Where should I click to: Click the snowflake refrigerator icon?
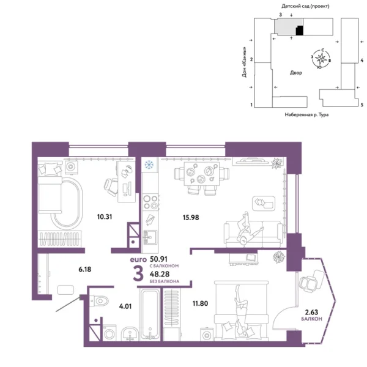[x=147, y=165]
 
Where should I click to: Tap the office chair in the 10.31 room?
[x=111, y=185]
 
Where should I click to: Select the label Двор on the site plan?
[x=296, y=72]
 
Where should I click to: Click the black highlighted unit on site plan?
[x=299, y=30]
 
